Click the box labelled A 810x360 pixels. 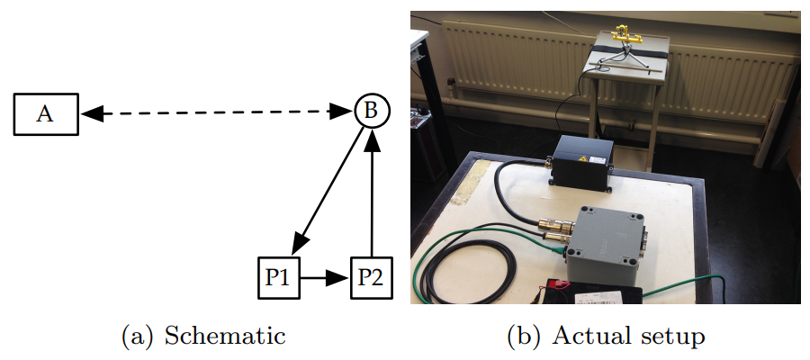tap(46, 113)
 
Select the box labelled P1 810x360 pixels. tap(276, 278)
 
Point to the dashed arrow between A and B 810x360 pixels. tap(216, 112)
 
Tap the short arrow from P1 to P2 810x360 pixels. tap(323, 278)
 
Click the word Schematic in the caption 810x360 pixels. tap(226, 337)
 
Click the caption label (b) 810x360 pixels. tap(524, 337)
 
